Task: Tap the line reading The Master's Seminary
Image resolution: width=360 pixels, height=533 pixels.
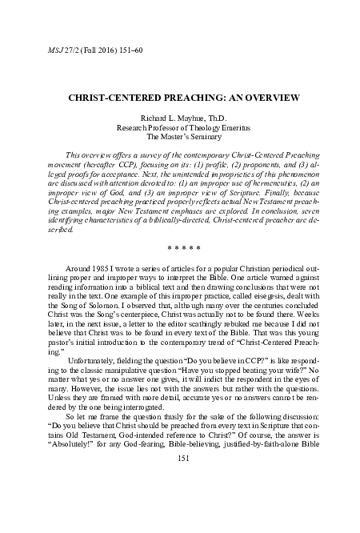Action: tap(180, 138)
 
